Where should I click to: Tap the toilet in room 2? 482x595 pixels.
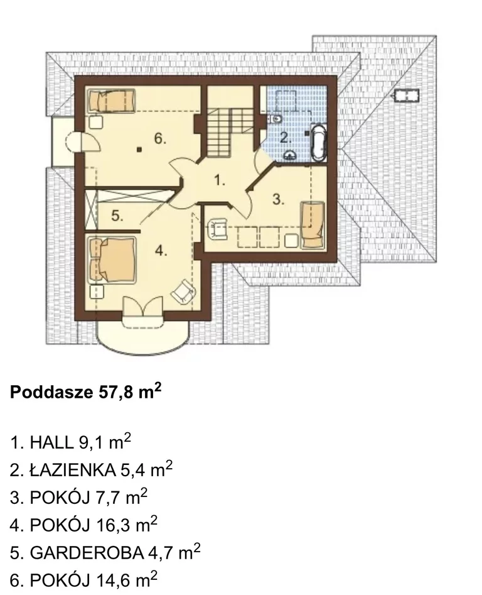click(x=276, y=119)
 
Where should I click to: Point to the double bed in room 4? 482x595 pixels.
click(x=112, y=259)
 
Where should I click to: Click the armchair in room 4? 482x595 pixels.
click(x=184, y=292)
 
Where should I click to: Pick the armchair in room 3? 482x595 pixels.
click(x=217, y=229)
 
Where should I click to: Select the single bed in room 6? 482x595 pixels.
click(x=112, y=101)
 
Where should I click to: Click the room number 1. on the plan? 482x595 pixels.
click(x=220, y=180)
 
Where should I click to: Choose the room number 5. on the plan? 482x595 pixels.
click(x=117, y=216)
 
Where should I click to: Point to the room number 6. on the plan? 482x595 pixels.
click(x=160, y=138)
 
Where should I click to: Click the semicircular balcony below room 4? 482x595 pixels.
click(x=143, y=334)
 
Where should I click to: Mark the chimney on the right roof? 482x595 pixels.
click(x=407, y=96)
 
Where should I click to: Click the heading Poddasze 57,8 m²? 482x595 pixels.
click(x=86, y=391)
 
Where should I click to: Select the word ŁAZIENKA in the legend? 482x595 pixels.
click(x=73, y=470)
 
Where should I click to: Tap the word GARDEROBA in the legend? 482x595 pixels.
click(x=87, y=553)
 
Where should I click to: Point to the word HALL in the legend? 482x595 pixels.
click(x=51, y=442)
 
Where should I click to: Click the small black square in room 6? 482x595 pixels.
click(x=139, y=150)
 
